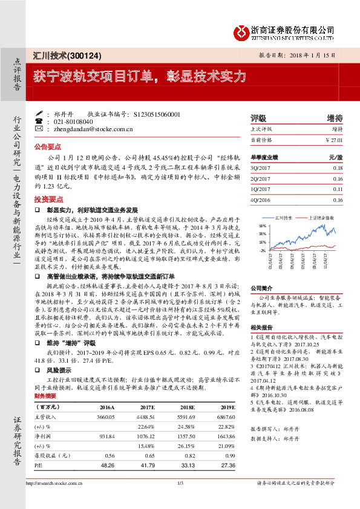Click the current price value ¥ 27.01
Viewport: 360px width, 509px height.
(x=333, y=140)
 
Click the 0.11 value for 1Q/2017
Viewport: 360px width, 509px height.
(x=337, y=189)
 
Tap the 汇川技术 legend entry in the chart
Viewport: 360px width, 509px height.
(x=283, y=216)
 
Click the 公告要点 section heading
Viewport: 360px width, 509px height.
(x=48, y=146)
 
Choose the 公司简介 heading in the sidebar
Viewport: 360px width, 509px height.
(x=263, y=288)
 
